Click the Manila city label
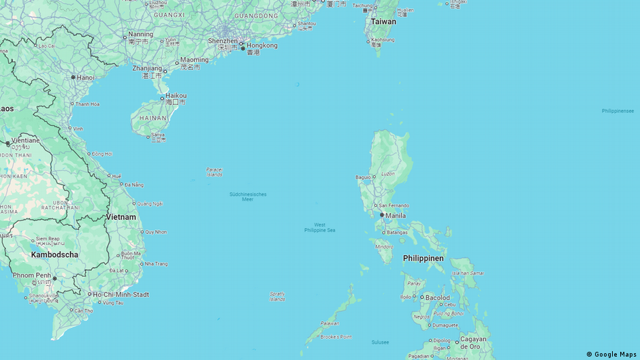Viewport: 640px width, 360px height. [x=396, y=216]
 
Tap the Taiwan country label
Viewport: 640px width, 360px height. [x=383, y=22]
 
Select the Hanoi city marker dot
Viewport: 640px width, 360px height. [x=74, y=77]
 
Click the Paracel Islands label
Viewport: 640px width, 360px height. [x=214, y=172]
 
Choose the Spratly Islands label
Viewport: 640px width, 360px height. [x=277, y=296]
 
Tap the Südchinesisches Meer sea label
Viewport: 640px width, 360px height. [x=248, y=197]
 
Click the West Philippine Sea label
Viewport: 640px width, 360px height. [x=319, y=227]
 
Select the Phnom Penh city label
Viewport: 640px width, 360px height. [x=31, y=275]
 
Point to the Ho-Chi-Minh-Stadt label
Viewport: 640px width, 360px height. [x=122, y=294]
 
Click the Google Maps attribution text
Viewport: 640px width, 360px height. [x=611, y=354]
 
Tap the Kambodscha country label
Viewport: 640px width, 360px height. [x=54, y=255]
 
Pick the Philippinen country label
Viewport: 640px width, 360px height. [x=423, y=259]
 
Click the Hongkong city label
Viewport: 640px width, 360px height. [x=262, y=46]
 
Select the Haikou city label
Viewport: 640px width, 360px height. [x=176, y=96]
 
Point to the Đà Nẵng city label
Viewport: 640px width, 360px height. [x=134, y=184]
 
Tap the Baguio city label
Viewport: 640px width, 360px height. [x=364, y=178]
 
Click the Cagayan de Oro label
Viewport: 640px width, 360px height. [x=473, y=342]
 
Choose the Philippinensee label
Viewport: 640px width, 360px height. [x=618, y=111]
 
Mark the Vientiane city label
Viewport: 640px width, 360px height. [x=26, y=140]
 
